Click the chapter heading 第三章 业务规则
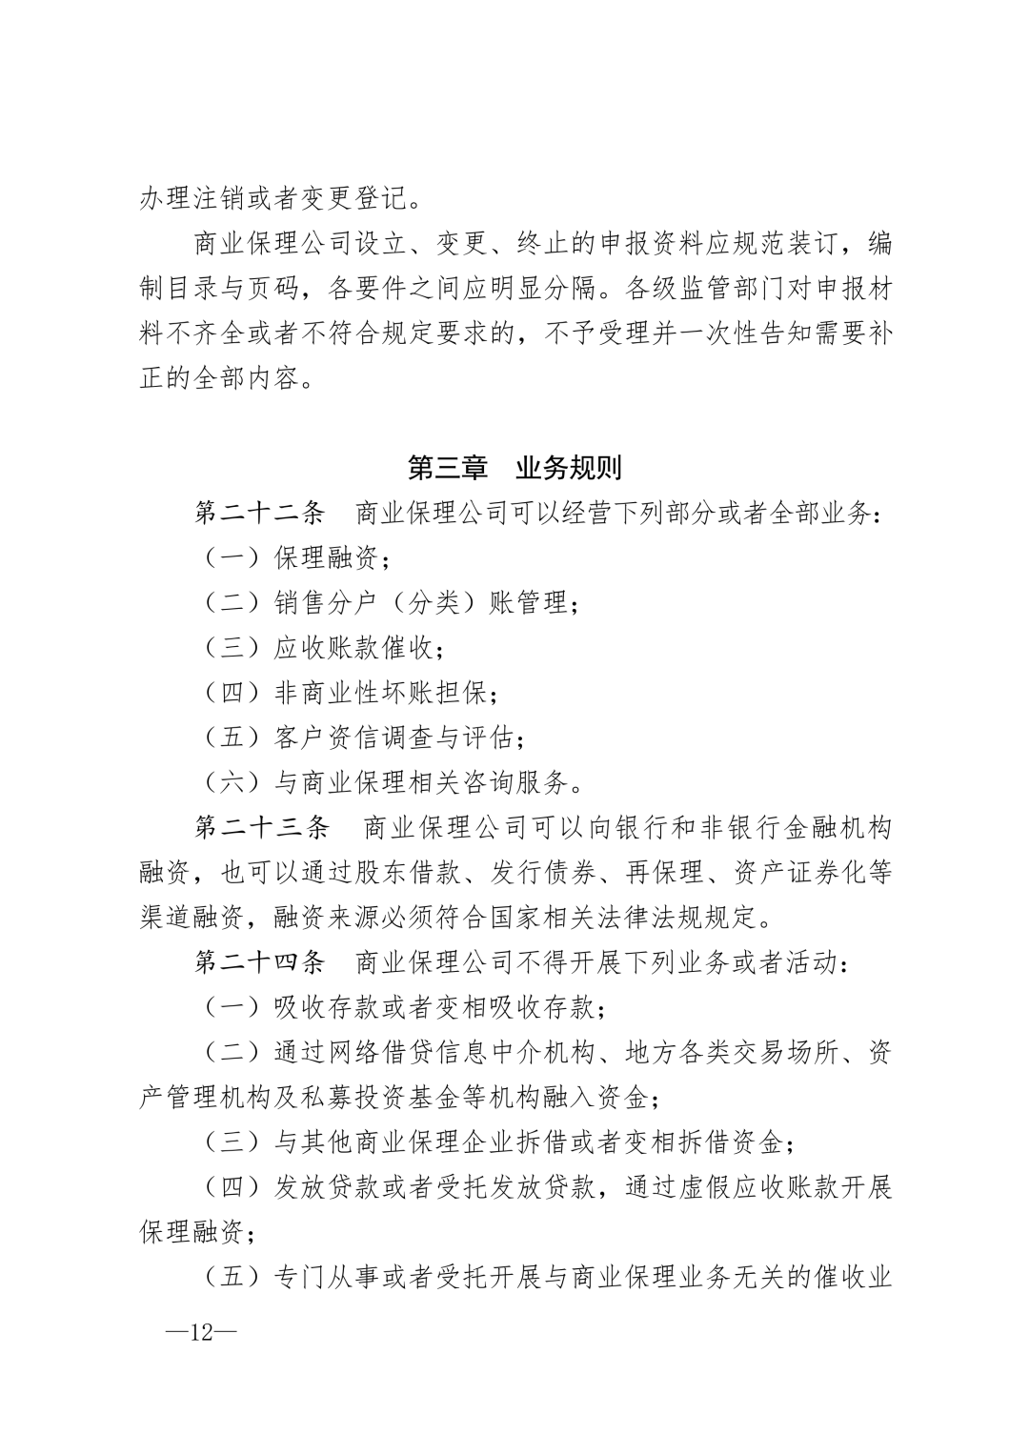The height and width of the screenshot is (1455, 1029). tap(514, 468)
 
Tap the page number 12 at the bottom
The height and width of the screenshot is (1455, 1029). tap(202, 1331)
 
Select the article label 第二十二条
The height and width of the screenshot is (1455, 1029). tap(260, 514)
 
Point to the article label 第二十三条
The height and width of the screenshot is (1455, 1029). tap(260, 827)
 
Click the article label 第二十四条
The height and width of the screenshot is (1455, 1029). tap(260, 962)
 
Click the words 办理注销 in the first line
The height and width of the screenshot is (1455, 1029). tap(192, 199)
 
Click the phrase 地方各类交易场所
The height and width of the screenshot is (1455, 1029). tap(731, 1052)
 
